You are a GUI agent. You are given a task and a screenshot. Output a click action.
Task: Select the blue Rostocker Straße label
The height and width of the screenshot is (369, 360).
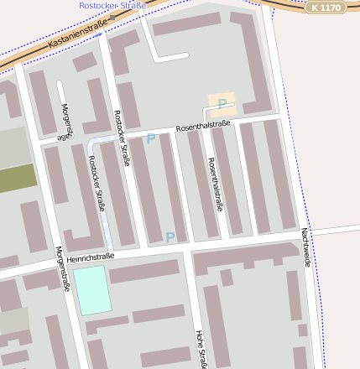(x=112, y=5)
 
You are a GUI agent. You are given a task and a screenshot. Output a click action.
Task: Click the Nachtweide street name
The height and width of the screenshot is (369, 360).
(x=305, y=247)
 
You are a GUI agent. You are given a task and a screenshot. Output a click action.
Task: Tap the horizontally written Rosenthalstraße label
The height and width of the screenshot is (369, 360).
(x=202, y=126)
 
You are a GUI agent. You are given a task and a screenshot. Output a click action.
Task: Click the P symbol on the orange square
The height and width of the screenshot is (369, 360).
(x=222, y=104)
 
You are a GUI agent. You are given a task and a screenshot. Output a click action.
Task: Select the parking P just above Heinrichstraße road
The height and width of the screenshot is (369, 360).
(x=170, y=238)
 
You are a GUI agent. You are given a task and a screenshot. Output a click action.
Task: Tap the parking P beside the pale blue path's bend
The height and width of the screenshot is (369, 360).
(x=151, y=138)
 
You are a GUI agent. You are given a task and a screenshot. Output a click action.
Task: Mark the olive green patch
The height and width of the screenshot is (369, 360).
(x=18, y=178)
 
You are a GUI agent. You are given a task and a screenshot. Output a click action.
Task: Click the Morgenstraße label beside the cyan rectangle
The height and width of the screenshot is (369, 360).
(x=62, y=268)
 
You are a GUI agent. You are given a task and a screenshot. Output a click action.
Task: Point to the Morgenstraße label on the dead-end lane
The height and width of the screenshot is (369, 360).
(x=67, y=122)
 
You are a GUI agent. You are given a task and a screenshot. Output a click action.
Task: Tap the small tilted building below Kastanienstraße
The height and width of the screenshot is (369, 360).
(x=84, y=62)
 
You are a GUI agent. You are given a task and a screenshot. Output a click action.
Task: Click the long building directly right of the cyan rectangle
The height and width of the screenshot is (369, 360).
(x=144, y=271)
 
